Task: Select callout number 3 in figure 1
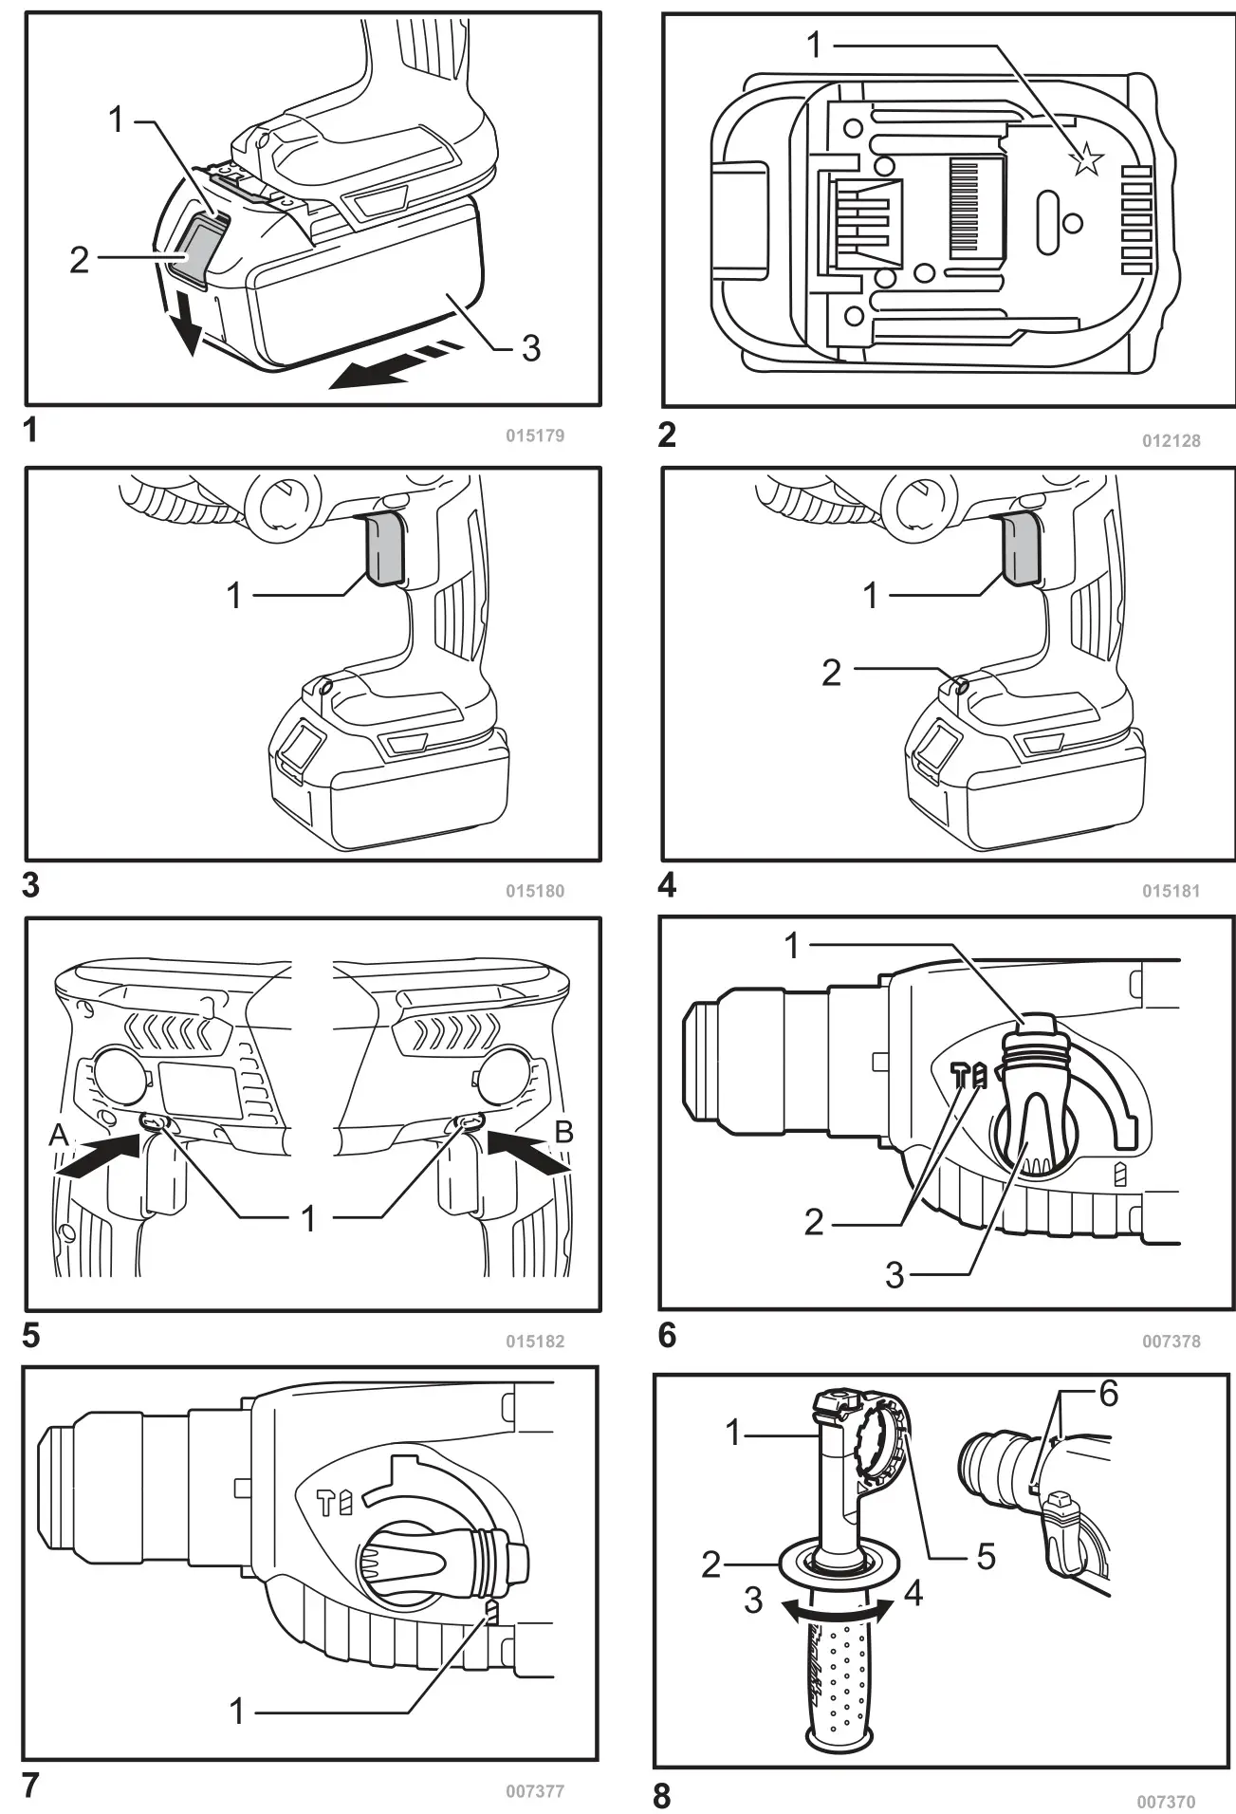click(x=530, y=348)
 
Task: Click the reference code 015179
click(x=534, y=435)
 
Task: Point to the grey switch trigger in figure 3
click(x=384, y=549)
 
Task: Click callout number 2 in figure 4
click(x=831, y=673)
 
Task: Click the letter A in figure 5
click(x=59, y=1134)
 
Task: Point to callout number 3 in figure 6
click(x=894, y=1276)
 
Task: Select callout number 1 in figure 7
click(x=237, y=1711)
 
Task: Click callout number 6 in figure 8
click(x=1108, y=1394)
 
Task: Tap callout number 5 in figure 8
click(x=986, y=1557)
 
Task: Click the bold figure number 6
click(x=667, y=1336)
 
